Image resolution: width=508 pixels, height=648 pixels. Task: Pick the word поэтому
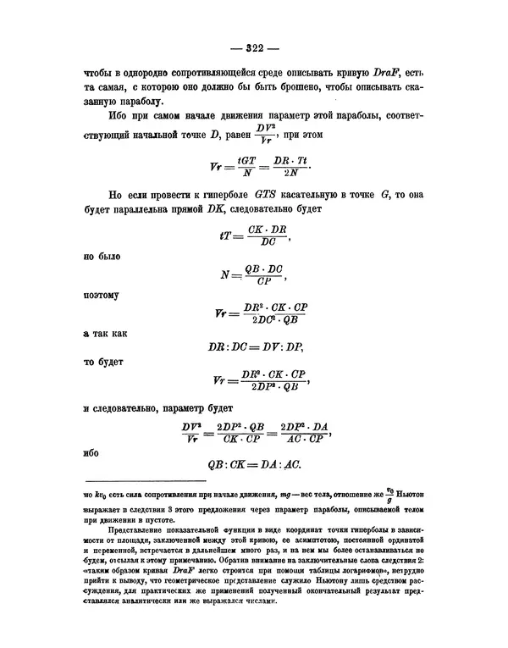pos(102,296)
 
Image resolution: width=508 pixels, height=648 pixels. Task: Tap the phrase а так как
pos(104,335)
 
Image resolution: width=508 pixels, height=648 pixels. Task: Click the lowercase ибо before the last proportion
pos(91,451)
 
